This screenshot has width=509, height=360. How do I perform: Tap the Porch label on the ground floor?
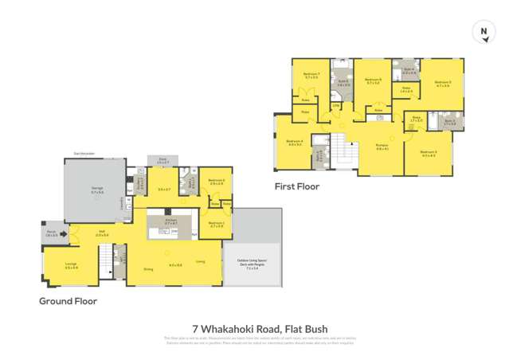point(53,234)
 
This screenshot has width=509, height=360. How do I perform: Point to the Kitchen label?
point(169,222)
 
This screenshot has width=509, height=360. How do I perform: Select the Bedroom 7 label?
point(311,76)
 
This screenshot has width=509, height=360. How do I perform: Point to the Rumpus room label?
point(382,146)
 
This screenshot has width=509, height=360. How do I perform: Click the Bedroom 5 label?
point(442,83)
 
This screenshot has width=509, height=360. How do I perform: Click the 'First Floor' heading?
point(298,186)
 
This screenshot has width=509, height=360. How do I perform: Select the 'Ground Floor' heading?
point(69,302)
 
